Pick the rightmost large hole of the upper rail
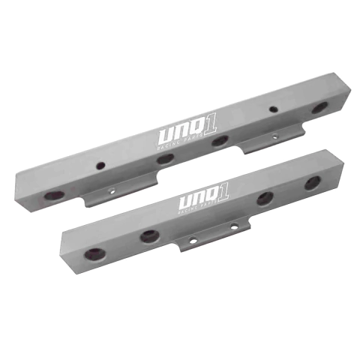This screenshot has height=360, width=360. coord(319,108)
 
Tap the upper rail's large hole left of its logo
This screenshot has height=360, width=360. coord(165,158)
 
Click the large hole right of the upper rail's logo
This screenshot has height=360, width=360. coord(219,139)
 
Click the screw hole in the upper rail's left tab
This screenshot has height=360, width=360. coord(113,190)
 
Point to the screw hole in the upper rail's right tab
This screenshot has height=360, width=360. coord(274,136)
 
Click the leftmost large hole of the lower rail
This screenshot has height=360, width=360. coord(96,253)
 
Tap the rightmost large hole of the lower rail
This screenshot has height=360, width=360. coord(310,184)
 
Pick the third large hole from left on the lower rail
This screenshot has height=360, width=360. coord(264,198)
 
